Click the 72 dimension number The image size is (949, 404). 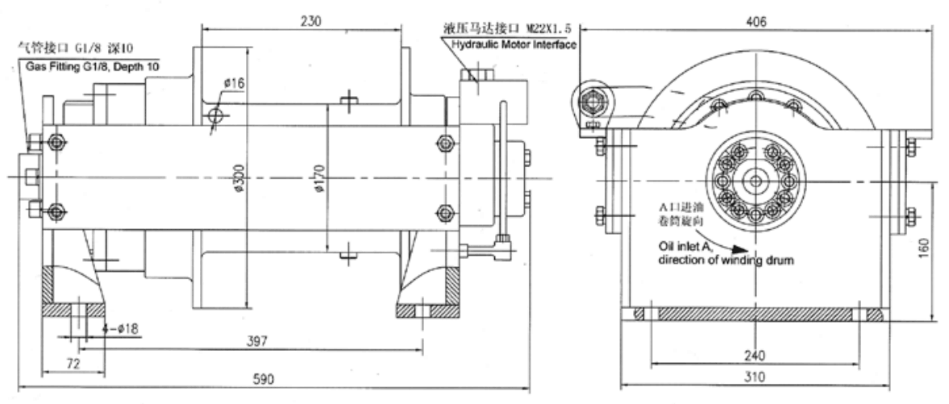pyautogui.click(x=72, y=364)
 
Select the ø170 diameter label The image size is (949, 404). pyautogui.click(x=319, y=181)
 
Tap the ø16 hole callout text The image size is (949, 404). pyautogui.click(x=235, y=83)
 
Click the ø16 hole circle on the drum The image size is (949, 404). pyautogui.click(x=214, y=116)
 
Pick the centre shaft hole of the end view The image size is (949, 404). pyautogui.click(x=755, y=181)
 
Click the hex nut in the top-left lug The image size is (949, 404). pyautogui.click(x=593, y=101)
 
